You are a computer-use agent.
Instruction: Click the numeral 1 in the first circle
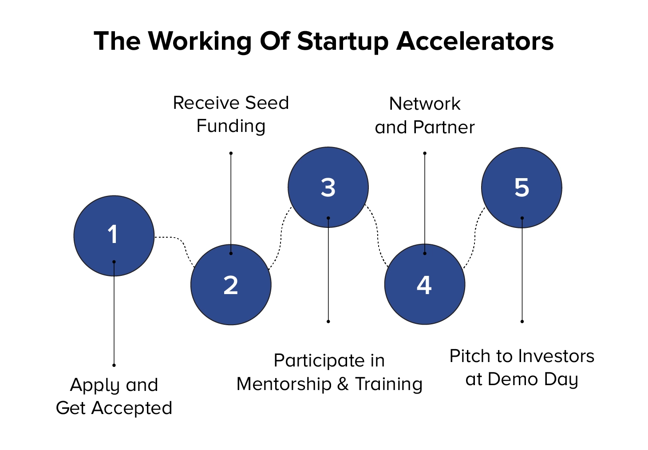(x=113, y=235)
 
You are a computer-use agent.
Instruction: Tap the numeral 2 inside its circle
(x=231, y=285)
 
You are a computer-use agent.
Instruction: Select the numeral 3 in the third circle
(x=328, y=188)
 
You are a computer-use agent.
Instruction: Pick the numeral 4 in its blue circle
(x=424, y=285)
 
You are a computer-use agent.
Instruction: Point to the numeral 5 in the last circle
(x=522, y=188)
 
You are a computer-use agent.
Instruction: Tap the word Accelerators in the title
(x=475, y=41)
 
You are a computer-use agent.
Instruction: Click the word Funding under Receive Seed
(x=231, y=126)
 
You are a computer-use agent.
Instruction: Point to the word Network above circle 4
(x=425, y=104)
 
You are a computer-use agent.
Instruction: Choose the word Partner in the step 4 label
(x=443, y=127)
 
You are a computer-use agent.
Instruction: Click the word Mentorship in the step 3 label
(x=284, y=384)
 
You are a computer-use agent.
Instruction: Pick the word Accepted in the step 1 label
(x=132, y=408)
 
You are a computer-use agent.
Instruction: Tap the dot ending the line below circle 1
(x=114, y=365)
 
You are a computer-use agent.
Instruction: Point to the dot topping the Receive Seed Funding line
(x=231, y=153)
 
